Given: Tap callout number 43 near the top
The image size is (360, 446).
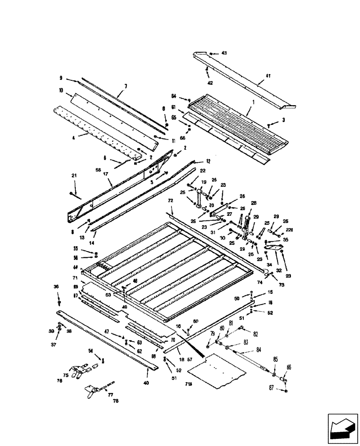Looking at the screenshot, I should click(224, 53).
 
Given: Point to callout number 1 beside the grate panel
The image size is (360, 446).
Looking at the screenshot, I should click(253, 102).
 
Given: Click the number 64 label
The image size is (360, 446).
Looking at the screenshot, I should click(174, 96).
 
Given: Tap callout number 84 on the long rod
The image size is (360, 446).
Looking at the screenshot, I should click(246, 349).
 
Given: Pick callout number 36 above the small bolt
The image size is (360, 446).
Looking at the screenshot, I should click(56, 286).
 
